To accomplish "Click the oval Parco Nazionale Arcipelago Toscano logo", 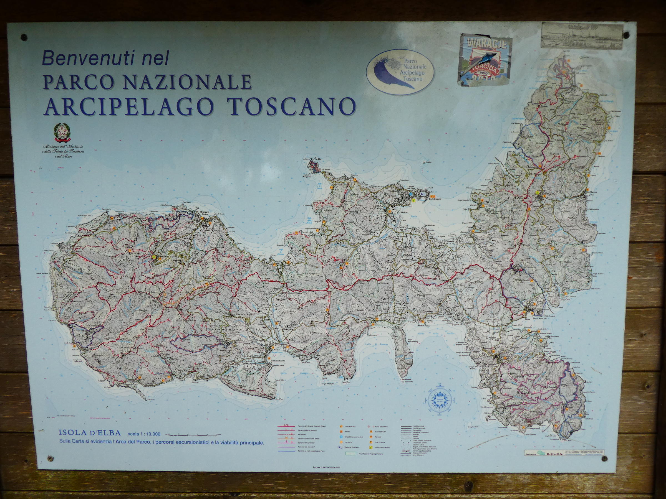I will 400,72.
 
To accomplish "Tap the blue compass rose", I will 440,400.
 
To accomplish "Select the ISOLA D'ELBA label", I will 90,433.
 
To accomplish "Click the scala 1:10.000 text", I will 144,434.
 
